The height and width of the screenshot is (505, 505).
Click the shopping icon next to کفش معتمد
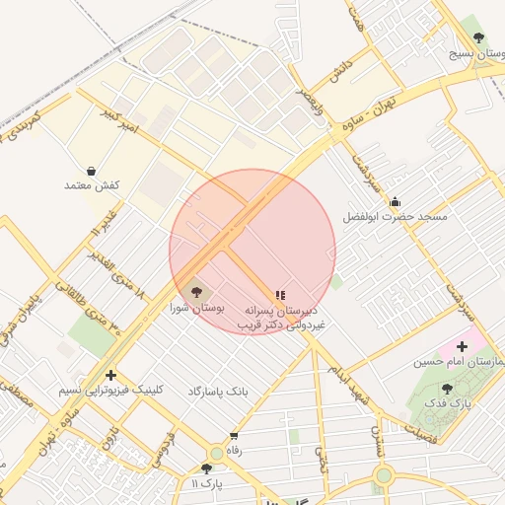92,171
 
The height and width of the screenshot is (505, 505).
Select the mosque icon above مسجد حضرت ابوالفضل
395,202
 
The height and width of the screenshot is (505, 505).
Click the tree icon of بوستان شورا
195,292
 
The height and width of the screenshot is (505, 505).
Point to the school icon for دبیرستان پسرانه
280,294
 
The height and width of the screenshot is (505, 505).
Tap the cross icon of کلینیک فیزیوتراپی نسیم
110,375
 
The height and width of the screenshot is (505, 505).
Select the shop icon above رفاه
234,435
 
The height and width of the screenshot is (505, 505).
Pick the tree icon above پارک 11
206,469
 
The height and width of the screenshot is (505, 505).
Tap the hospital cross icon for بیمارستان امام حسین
461,346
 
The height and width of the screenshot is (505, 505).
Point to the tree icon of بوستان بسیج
478,37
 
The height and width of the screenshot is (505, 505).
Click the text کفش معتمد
92,185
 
